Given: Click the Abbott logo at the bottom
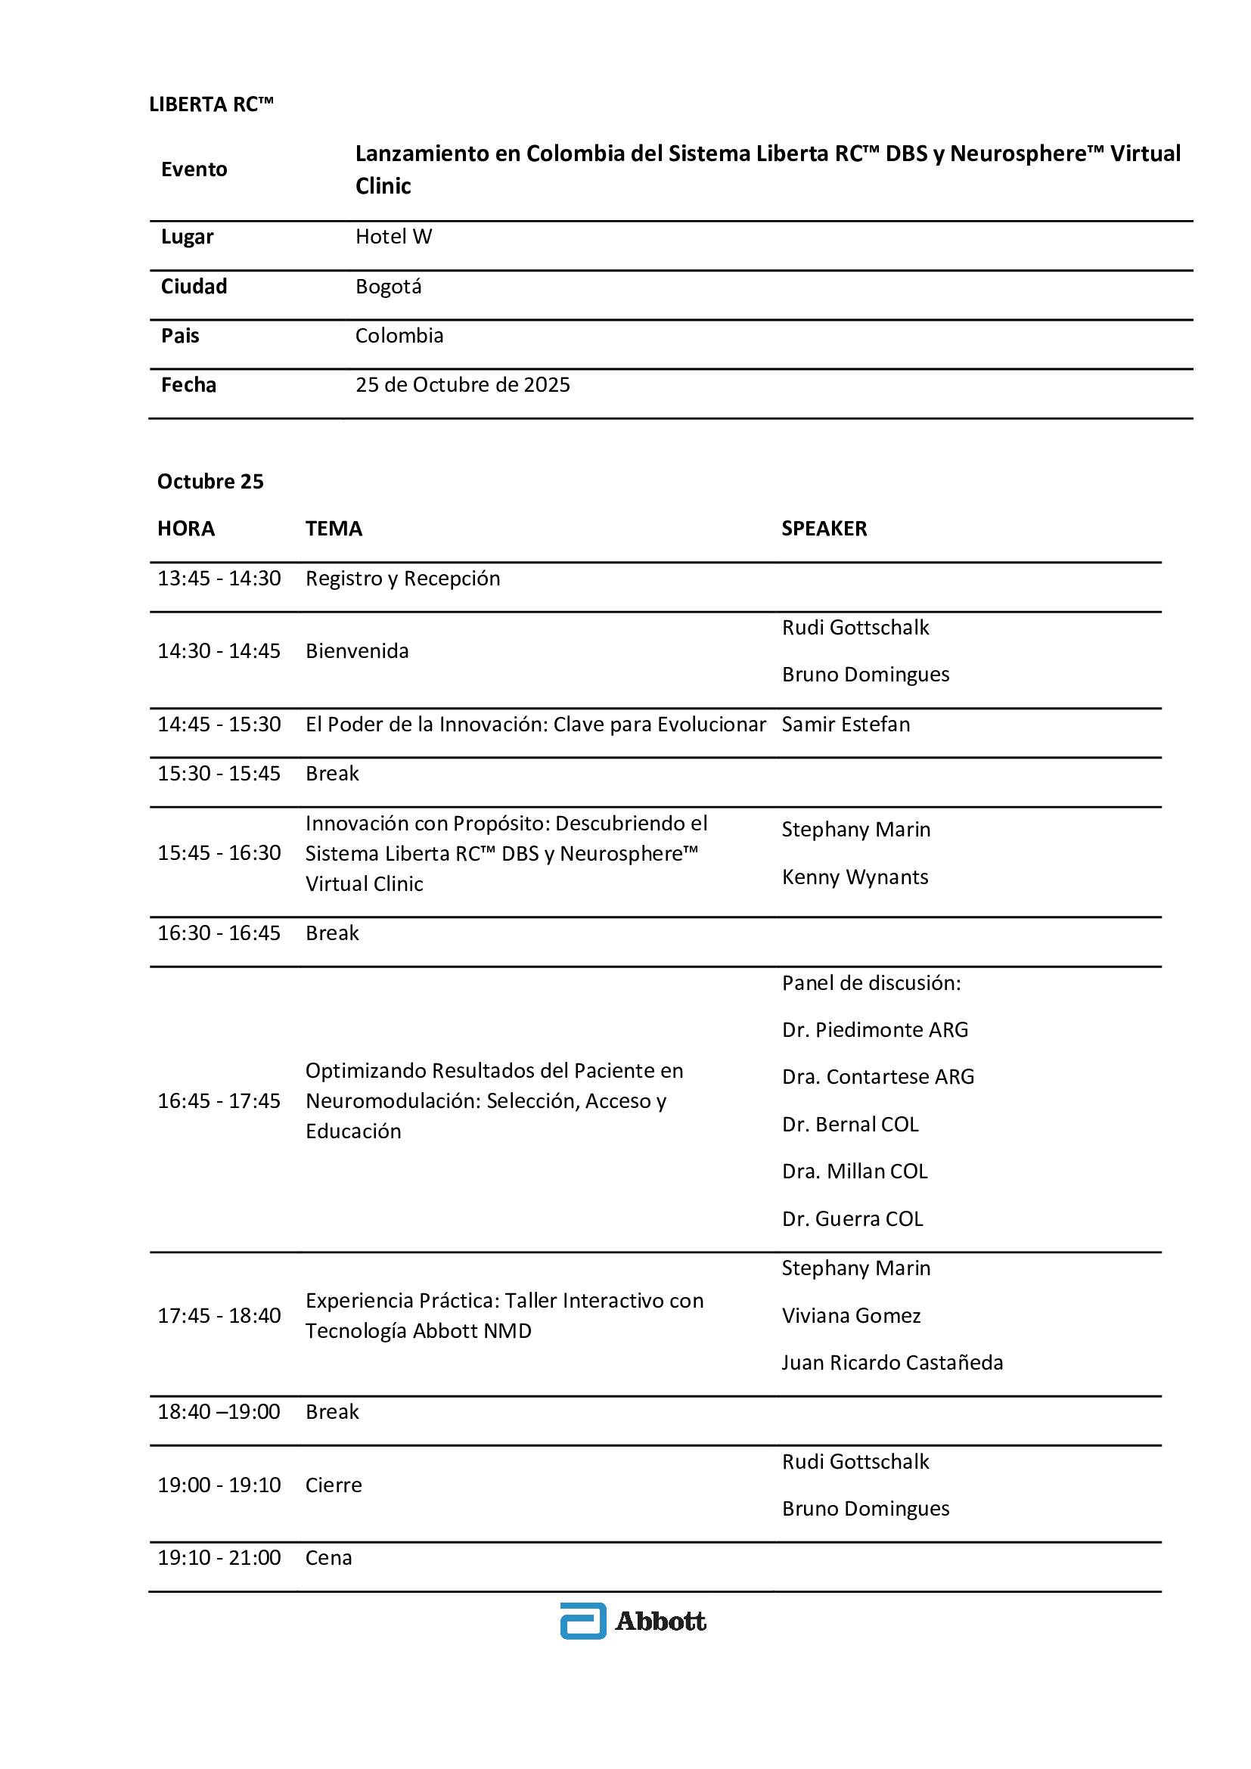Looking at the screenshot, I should tap(633, 1620).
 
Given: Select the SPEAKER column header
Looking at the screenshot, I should tap(824, 529).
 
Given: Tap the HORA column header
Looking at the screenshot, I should tap(185, 529).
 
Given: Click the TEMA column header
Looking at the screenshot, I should tap(334, 529).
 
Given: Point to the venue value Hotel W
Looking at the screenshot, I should tap(393, 237).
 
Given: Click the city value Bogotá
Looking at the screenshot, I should tap(388, 287).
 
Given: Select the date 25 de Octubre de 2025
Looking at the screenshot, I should tap(462, 384).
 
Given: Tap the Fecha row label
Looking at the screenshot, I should tap(189, 384).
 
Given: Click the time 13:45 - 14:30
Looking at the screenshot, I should tap(219, 579).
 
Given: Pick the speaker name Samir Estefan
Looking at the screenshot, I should tap(846, 725).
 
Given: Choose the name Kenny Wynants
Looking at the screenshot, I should tap(855, 877).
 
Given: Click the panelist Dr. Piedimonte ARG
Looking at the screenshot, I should tap(875, 1029).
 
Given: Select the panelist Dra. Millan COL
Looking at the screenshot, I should tap(854, 1171).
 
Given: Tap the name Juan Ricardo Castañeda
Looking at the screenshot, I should tap(892, 1362).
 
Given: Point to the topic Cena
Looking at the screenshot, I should tap(329, 1557).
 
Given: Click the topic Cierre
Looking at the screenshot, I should tap(334, 1485).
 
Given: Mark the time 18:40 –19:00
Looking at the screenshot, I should tap(219, 1411).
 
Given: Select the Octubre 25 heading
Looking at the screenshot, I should tap(210, 482).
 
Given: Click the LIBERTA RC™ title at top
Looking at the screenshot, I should tap(211, 104).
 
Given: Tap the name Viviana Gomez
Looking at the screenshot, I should tap(851, 1315).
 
